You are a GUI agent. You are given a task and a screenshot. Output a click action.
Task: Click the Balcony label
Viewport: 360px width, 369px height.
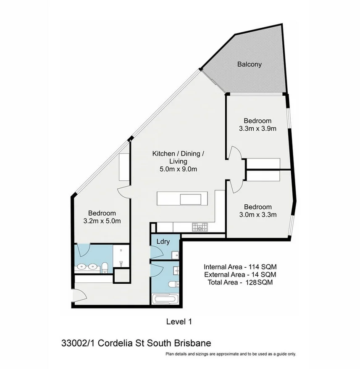250,64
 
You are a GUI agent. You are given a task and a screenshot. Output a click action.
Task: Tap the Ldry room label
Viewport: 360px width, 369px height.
163,242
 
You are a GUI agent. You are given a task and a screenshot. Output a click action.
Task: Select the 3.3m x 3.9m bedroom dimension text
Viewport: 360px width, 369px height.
258,129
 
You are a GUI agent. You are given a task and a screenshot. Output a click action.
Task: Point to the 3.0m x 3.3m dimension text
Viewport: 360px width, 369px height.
258,215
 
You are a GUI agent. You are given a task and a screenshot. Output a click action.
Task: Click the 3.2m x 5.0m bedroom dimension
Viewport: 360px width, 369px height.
102,221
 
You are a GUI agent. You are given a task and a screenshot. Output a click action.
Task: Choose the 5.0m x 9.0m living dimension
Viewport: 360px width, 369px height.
179,169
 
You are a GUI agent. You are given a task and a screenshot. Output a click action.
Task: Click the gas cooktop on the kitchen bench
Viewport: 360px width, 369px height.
200,227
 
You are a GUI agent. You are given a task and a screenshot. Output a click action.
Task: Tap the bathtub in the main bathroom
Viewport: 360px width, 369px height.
165,299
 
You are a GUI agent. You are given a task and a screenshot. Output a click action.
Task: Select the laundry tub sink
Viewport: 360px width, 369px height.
175,255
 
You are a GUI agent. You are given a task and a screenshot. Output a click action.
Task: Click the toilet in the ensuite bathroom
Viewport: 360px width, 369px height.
105,268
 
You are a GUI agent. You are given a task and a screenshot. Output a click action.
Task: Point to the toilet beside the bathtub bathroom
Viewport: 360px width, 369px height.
173,284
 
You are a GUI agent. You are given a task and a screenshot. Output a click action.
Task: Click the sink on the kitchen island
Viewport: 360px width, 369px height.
191,200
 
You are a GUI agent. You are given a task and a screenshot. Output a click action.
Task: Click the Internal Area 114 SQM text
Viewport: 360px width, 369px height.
240,267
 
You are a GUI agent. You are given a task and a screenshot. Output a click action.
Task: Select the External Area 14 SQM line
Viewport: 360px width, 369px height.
240,274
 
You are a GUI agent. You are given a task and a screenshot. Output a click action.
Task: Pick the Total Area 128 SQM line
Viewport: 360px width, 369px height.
240,282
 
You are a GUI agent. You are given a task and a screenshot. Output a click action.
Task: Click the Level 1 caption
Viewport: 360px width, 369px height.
179,322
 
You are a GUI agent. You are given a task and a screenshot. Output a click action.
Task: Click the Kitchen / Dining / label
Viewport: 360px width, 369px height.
179,154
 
